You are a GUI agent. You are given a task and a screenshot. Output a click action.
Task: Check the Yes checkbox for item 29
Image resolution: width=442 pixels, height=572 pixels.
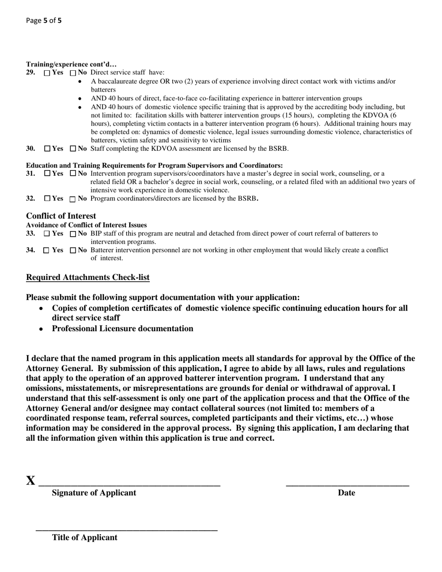click(x=47, y=73)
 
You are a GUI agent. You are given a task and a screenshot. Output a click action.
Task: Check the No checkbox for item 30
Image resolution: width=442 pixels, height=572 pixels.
click(x=73, y=149)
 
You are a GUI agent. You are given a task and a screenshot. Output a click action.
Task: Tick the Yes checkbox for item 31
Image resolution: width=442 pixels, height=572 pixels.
click(x=47, y=173)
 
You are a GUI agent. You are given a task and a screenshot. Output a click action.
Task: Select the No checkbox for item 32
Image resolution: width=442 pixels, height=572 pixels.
click(x=73, y=199)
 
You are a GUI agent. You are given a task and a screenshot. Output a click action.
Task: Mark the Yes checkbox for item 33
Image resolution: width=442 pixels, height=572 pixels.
click(x=46, y=234)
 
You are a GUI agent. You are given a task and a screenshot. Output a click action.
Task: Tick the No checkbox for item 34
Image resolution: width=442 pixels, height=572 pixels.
click(x=73, y=251)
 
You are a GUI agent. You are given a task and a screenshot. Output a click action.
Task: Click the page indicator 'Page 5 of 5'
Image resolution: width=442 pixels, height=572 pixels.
click(x=44, y=20)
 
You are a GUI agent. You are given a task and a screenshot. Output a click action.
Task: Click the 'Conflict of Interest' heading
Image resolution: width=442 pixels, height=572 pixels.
click(x=61, y=216)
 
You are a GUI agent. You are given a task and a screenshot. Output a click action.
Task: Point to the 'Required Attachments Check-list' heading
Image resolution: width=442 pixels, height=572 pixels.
click(x=87, y=278)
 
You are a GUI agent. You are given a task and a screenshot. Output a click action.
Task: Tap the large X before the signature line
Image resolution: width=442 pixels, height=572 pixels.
click(x=31, y=481)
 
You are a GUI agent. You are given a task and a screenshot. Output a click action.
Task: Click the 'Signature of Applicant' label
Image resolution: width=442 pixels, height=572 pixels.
click(x=94, y=493)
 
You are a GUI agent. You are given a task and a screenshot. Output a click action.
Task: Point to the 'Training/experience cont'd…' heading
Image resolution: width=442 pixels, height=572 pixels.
click(x=71, y=64)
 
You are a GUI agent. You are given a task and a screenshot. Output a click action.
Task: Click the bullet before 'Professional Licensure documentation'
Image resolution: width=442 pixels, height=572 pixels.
click(x=42, y=329)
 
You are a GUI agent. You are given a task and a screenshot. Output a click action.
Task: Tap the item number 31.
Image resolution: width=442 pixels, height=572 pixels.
click(x=31, y=173)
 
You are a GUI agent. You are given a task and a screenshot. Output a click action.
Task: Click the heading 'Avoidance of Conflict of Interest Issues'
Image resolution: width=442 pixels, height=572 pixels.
click(x=86, y=225)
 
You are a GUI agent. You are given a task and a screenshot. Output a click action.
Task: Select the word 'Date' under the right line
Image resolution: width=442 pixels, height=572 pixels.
click(x=346, y=493)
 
